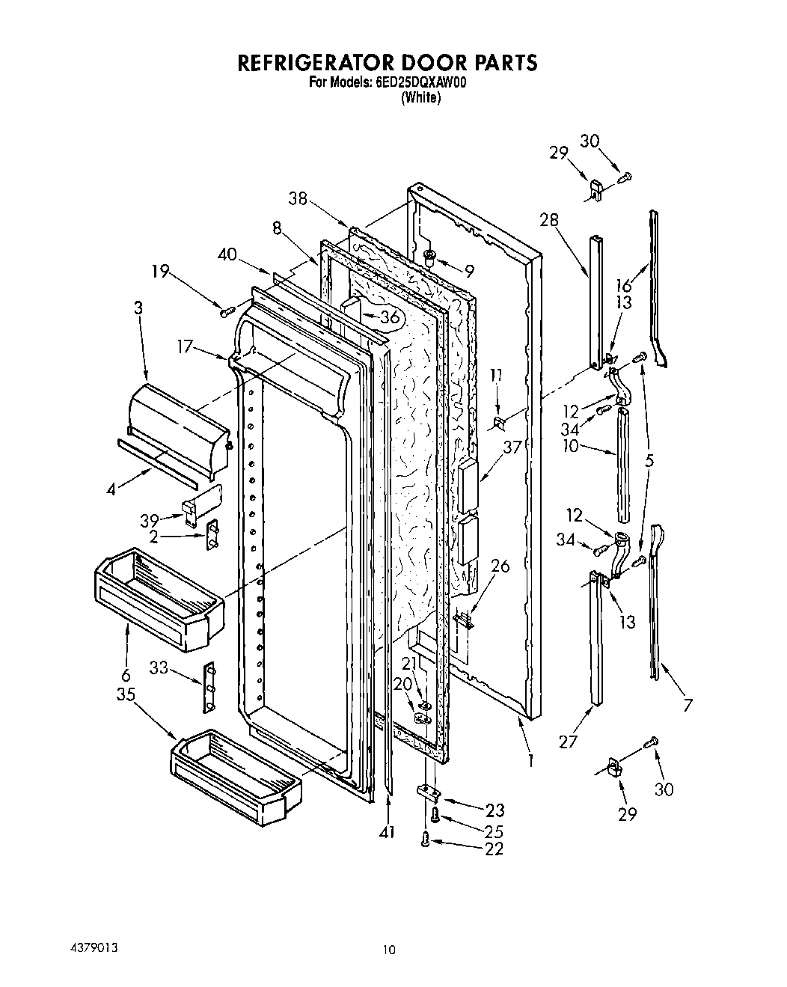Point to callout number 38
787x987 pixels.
coord(298,198)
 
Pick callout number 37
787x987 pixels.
coord(512,447)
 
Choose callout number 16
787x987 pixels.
coord(624,284)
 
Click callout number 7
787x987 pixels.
coord(688,704)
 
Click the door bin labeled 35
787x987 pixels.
coord(236,782)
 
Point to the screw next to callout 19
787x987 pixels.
coord(223,310)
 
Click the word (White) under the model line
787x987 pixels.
coord(420,97)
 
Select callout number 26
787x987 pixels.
coord(500,566)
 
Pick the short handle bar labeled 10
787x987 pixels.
coord(622,464)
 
